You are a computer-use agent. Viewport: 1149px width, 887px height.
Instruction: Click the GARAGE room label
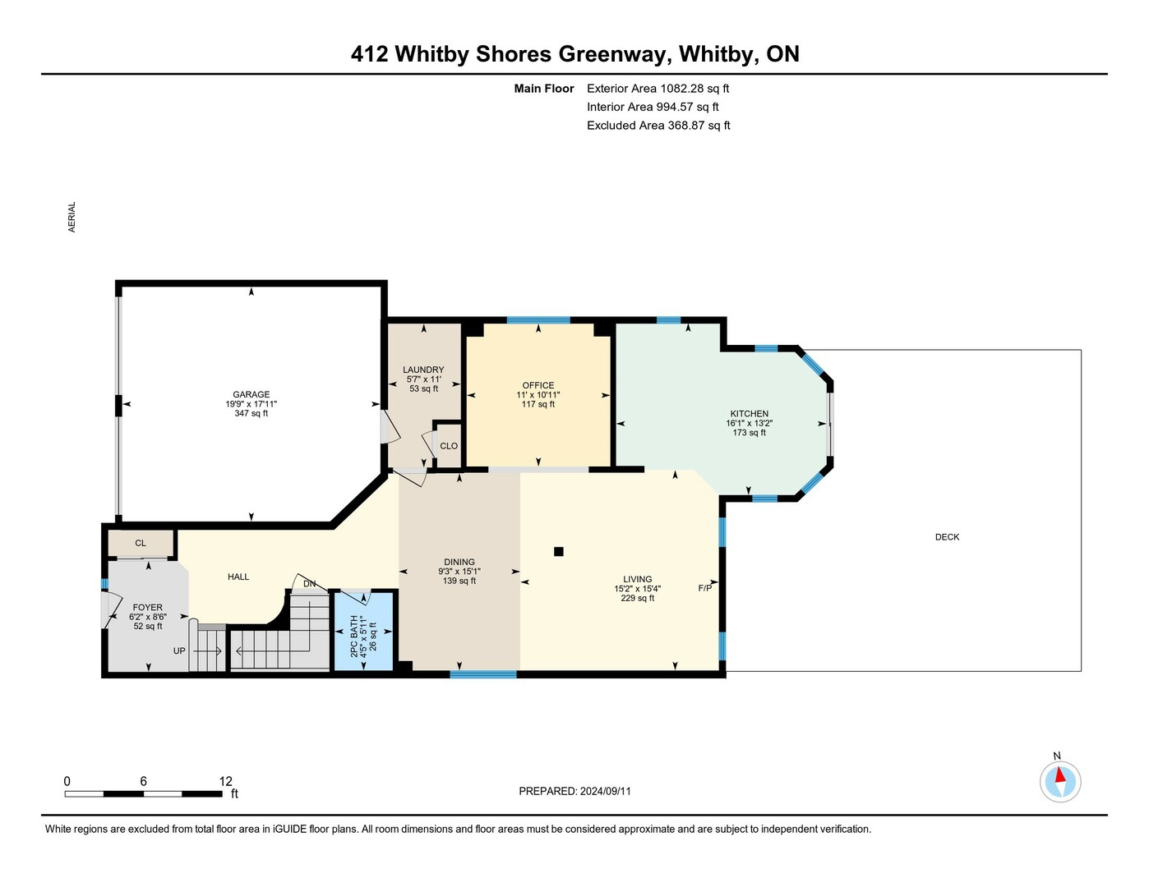tap(251, 395)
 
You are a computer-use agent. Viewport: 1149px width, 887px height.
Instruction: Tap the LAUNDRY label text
tap(423, 370)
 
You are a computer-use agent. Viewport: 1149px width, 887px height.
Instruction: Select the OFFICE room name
tap(538, 386)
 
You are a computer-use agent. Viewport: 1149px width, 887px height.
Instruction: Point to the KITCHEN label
tap(750, 414)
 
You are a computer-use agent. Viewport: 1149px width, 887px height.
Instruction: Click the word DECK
tap(947, 537)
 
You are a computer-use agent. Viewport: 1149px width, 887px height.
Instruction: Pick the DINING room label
tap(459, 562)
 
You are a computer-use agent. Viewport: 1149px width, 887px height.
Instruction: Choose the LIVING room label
tap(638, 580)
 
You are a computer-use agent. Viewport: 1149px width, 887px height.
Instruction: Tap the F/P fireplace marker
tap(705, 588)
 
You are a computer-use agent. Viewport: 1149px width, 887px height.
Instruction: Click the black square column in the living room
tap(558, 552)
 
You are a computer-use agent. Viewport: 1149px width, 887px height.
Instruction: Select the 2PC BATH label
tap(354, 636)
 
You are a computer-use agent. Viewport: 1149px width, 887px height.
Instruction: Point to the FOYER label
tap(147, 608)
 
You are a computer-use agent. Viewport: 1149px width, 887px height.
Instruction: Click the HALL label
tap(238, 577)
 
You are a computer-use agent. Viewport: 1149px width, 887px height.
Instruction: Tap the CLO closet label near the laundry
tap(449, 446)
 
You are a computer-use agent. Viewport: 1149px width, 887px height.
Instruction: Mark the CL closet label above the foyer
tap(140, 543)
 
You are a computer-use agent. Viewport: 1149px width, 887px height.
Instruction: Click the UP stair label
tap(179, 650)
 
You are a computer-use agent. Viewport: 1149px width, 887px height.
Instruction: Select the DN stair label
tap(309, 584)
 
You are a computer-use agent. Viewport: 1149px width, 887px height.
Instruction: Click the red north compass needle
tap(1059, 774)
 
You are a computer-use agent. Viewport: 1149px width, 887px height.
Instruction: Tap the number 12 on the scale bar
tap(226, 781)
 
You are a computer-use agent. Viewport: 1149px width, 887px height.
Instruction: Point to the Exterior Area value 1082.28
tap(681, 89)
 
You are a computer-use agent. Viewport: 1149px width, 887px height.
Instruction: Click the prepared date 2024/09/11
tap(606, 792)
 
